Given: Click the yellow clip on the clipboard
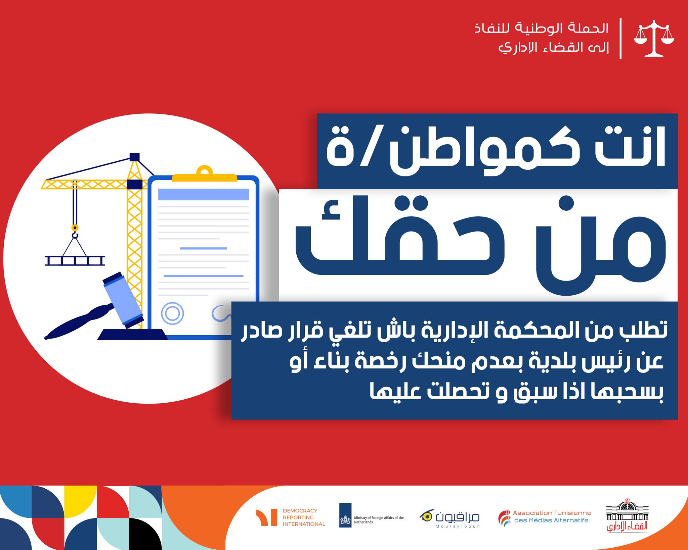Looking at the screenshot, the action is [x=205, y=174].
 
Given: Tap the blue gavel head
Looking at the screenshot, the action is [x=123, y=300].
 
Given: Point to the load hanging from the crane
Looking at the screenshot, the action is [x=75, y=260].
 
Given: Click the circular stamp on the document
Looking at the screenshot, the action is [x=172, y=313].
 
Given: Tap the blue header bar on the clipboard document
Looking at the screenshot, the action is [x=203, y=194].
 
